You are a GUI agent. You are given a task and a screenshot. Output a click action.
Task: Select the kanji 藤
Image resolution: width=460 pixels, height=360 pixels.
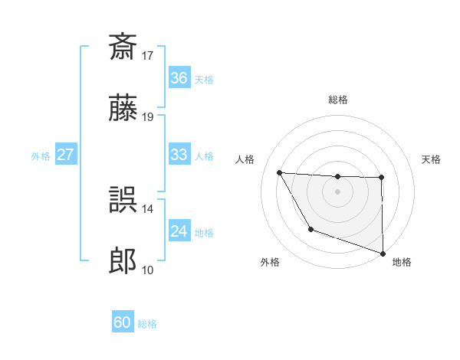pyautogui.click(x=123, y=109)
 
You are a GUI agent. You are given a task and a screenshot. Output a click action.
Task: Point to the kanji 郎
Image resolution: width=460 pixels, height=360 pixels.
pyautogui.click(x=123, y=262)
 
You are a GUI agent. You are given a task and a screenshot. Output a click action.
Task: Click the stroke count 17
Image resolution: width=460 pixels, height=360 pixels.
pyautogui.click(x=148, y=55)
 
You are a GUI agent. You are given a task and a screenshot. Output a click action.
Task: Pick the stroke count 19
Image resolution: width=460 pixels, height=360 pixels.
pyautogui.click(x=148, y=117)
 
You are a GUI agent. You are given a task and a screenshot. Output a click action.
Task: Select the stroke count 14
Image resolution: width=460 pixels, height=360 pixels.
pyautogui.click(x=148, y=208)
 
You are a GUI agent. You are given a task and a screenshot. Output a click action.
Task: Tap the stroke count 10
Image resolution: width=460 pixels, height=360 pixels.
pyautogui.click(x=148, y=270)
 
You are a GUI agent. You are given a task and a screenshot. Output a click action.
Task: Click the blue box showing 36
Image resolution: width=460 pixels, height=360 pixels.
pyautogui.click(x=179, y=78)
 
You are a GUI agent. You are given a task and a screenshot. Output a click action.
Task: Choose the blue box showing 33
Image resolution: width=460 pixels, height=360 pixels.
pyautogui.click(x=179, y=155)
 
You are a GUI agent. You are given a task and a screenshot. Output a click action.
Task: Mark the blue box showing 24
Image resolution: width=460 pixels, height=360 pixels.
pyautogui.click(x=179, y=231)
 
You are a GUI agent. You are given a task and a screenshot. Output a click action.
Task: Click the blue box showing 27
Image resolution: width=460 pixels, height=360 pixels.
pyautogui.click(x=65, y=155)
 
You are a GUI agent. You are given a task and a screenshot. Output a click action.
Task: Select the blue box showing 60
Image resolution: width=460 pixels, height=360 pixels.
pyautogui.click(x=123, y=322)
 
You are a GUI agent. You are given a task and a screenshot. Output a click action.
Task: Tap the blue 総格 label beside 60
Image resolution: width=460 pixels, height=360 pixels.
pyautogui.click(x=147, y=324)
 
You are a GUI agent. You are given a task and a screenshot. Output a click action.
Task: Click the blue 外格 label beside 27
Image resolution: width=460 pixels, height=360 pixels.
pyautogui.click(x=41, y=155)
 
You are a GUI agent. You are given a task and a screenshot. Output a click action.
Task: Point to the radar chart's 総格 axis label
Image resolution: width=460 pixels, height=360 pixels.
pyautogui.click(x=337, y=100)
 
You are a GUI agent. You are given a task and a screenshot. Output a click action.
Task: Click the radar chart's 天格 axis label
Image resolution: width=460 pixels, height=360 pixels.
pyautogui.click(x=432, y=159)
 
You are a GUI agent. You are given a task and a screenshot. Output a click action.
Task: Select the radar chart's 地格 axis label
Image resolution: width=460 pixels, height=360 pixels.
pyautogui.click(x=402, y=263)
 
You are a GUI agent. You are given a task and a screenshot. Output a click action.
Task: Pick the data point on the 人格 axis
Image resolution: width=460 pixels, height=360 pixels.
pyautogui.click(x=280, y=172)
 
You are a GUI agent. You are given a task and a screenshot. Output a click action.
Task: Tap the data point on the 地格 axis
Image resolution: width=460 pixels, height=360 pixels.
pyautogui.click(x=382, y=253)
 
